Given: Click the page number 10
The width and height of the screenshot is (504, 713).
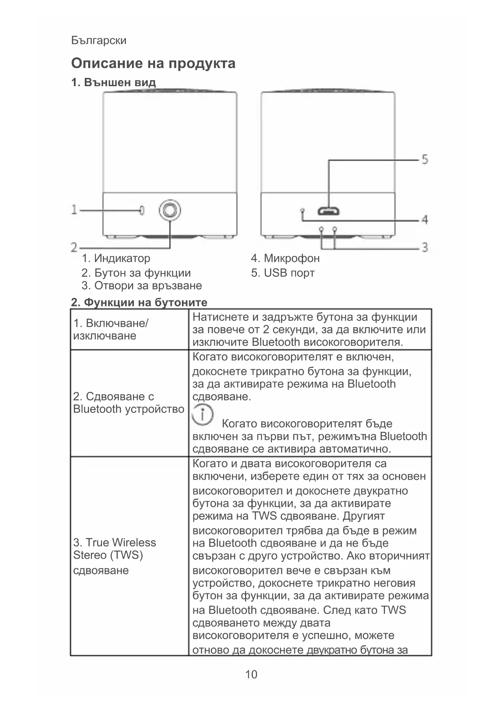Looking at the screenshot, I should [251, 674].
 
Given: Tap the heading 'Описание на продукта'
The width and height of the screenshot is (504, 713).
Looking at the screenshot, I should [153, 63].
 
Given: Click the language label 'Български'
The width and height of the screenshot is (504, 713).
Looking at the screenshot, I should [99, 40].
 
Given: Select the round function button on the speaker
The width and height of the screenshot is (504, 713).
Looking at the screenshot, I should [169, 210].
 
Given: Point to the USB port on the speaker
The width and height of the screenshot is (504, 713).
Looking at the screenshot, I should [329, 211].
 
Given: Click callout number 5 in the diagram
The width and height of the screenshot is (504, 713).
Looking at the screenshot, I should [424, 159].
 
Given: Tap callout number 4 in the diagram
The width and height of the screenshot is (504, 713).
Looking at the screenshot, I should [424, 220].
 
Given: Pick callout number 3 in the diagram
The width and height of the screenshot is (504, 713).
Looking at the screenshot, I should [424, 247].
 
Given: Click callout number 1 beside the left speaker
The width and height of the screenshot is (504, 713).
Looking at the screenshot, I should [74, 210].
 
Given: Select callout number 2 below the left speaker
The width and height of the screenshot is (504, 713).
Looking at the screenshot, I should [74, 247].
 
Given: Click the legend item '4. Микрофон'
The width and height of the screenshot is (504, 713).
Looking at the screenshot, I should [285, 258].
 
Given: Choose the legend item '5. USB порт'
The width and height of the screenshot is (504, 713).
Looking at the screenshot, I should [283, 273].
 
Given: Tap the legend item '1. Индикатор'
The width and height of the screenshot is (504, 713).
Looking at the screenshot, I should [116, 258].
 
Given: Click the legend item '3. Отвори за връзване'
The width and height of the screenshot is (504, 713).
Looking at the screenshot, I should [141, 285].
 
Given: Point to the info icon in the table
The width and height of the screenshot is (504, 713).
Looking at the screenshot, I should [202, 415].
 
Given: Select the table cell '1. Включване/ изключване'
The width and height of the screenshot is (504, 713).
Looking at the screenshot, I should [110, 329].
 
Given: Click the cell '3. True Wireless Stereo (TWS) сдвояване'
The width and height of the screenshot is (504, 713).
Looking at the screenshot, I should [114, 556].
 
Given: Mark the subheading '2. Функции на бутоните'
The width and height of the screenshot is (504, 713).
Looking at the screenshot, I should [139, 302].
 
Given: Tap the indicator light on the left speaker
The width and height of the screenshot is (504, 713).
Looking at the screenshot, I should [142, 210].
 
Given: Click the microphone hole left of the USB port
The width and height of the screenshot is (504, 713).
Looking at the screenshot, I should [302, 210].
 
